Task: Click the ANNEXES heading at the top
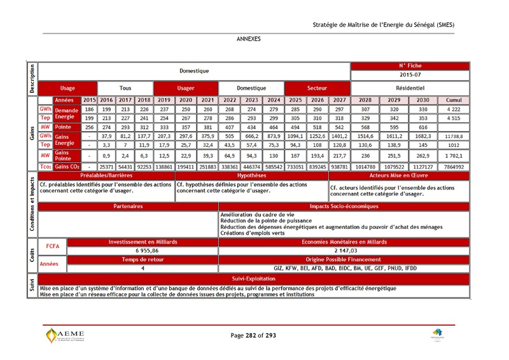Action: [x=248, y=39]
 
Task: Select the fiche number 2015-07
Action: [x=410, y=74]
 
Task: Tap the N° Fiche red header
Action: [x=410, y=66]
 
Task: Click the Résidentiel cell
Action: [x=410, y=88]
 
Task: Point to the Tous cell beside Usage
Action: [x=125, y=88]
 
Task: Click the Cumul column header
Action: [x=453, y=100]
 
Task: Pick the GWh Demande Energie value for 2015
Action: [x=89, y=109]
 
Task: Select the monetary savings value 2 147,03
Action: [x=344, y=251]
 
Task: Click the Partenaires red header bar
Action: [x=129, y=207]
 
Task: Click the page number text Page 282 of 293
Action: [x=253, y=335]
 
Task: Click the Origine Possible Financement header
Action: [x=344, y=260]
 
